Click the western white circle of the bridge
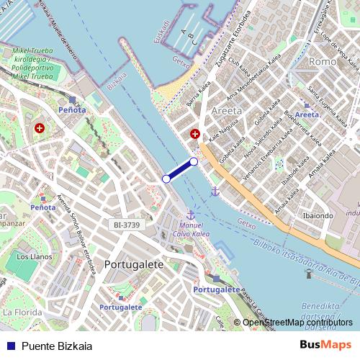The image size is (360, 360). [166, 179]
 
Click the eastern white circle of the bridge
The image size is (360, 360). [194, 162]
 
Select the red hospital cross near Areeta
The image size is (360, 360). [194, 134]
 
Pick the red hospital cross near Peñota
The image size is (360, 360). [39, 128]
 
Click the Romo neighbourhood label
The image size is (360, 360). [318, 62]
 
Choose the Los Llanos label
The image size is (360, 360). [32, 256]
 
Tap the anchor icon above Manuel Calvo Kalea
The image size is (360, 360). [191, 215]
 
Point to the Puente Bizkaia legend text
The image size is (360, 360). [57, 346]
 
